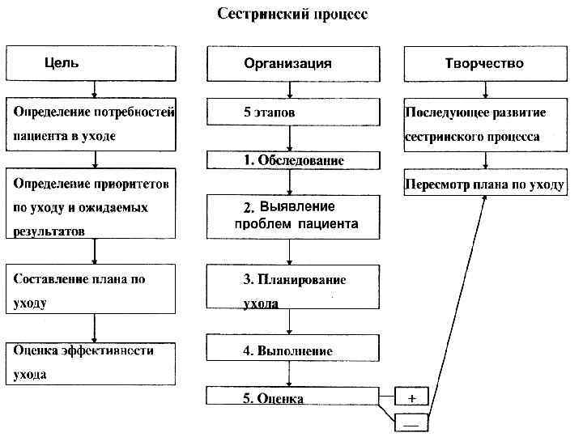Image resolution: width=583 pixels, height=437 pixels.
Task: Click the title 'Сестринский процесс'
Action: click(x=292, y=15)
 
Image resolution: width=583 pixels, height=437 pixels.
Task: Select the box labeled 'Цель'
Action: click(x=91, y=63)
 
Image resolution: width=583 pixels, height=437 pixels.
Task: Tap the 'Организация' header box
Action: click(x=292, y=63)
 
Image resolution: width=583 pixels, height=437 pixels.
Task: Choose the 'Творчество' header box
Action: click(x=484, y=63)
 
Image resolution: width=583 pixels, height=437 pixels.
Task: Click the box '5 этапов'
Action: click(x=292, y=113)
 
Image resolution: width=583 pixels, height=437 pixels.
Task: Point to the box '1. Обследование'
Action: click(x=292, y=160)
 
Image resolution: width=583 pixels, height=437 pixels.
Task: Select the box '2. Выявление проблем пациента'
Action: click(x=292, y=216)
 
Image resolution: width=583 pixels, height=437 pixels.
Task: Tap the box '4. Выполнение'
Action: click(x=292, y=350)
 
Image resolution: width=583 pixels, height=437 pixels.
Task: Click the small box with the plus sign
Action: click(x=411, y=397)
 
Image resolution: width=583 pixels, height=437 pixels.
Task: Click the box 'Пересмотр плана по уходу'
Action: click(x=484, y=185)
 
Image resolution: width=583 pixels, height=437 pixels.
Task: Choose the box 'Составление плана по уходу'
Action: click(x=91, y=290)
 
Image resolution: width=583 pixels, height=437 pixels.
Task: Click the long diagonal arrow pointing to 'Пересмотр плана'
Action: click(x=458, y=308)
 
